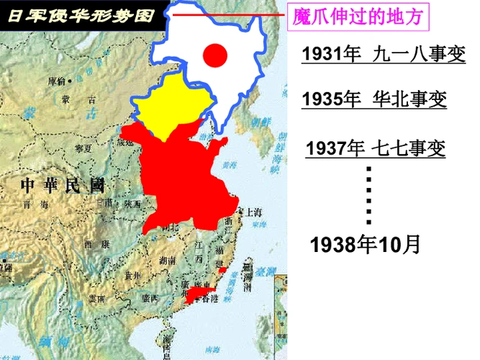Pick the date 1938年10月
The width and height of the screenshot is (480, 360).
(364, 244)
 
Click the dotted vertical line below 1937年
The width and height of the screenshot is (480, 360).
(369, 194)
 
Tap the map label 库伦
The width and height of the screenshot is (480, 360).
(56, 81)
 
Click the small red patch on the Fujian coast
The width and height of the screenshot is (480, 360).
(223, 269)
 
